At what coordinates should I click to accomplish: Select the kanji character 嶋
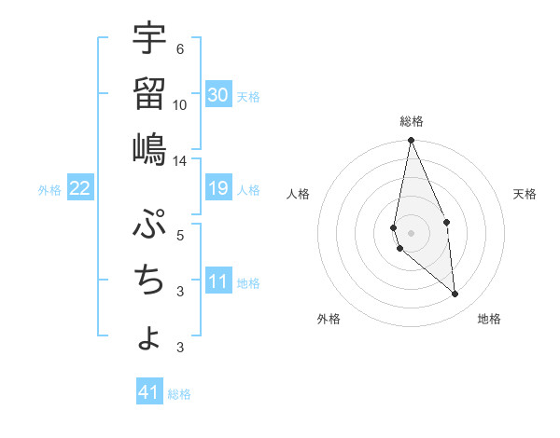point(149,148)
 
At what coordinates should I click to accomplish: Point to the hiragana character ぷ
point(149,224)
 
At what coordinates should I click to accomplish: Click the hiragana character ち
point(149,281)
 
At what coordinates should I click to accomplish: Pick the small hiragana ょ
point(149,337)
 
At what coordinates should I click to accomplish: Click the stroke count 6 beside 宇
point(179,49)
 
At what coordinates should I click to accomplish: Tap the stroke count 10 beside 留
point(180,105)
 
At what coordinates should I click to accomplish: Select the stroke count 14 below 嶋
point(180,161)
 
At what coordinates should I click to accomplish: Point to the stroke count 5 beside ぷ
point(179,236)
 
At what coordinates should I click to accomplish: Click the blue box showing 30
point(218,95)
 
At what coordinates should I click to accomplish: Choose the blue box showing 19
point(218,189)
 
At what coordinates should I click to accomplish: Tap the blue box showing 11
point(218,281)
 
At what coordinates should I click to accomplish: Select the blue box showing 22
point(80,189)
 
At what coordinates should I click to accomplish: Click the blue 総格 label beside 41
point(179,394)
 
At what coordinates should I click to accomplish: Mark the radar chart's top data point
point(411,141)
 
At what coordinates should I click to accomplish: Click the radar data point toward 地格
point(455,294)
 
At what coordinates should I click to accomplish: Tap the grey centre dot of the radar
point(411,232)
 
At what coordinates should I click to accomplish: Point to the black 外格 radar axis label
point(329,319)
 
